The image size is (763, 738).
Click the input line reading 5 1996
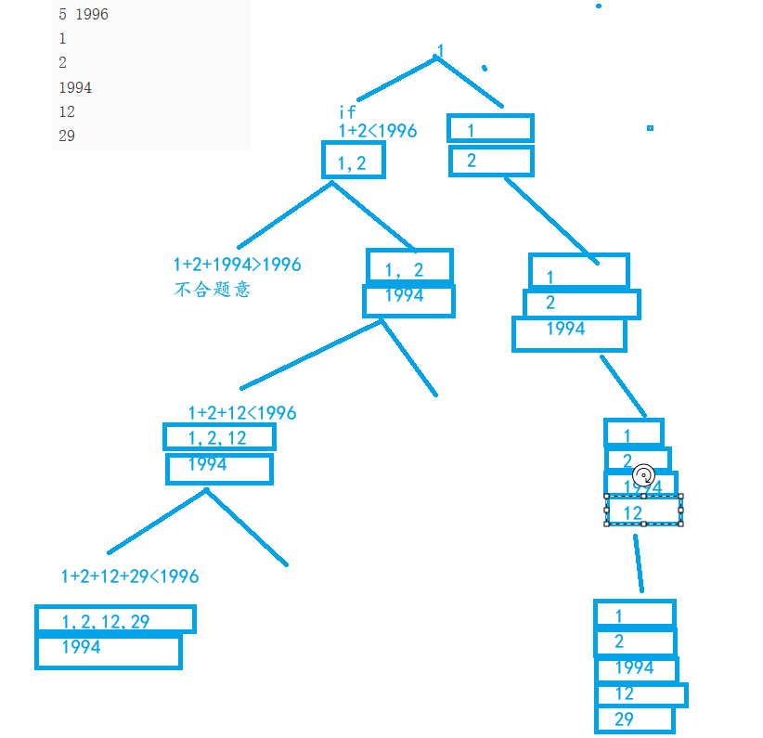[x=83, y=15]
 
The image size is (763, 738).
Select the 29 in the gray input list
[x=67, y=136]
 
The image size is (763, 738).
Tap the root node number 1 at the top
[x=440, y=50]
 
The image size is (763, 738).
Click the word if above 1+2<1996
[x=347, y=112]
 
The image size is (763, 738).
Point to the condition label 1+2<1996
[x=377, y=131]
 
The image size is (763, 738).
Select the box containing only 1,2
[x=353, y=161]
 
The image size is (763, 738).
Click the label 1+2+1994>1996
[x=237, y=265]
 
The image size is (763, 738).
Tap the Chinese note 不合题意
[x=212, y=289]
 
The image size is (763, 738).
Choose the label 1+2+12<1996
[x=242, y=412]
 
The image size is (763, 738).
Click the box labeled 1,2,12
[x=219, y=437]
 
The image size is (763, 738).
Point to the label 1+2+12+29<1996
[x=130, y=576]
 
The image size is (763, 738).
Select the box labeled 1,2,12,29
[x=115, y=620]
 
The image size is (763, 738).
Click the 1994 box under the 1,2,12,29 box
[x=108, y=651]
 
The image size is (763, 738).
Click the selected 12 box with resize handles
[x=644, y=511]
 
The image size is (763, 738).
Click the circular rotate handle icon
[x=643, y=474]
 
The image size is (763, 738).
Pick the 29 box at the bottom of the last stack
[x=634, y=719]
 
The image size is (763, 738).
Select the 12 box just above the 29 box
[x=640, y=694]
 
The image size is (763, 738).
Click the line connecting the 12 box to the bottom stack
[x=638, y=563]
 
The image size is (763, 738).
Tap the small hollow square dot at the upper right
[x=650, y=128]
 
